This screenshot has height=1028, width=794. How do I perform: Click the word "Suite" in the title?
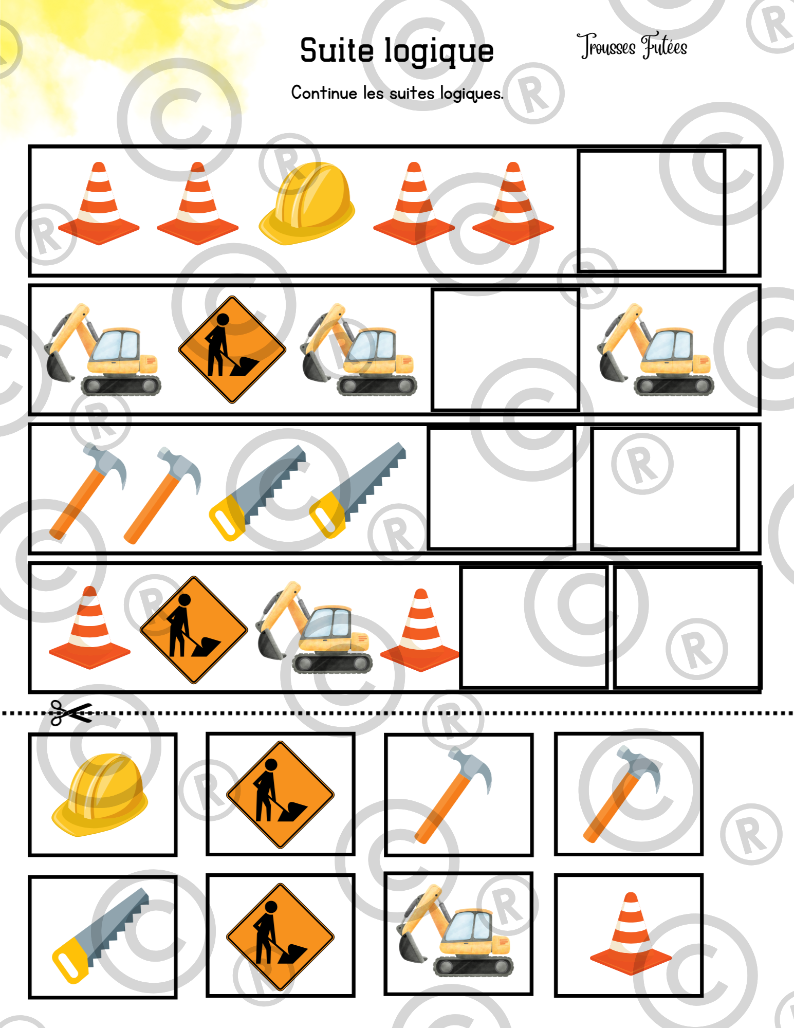tap(337, 50)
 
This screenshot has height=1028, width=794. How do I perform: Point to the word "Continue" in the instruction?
tap(324, 93)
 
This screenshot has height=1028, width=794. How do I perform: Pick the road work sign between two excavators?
tap(232, 350)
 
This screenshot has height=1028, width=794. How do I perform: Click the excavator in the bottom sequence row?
tap(315, 627)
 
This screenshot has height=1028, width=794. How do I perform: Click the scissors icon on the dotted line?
tap(71, 713)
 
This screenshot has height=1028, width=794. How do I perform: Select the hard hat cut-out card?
tap(103, 795)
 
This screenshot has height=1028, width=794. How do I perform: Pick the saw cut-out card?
tap(103, 937)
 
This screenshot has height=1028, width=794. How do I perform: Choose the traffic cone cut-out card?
tap(629, 935)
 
